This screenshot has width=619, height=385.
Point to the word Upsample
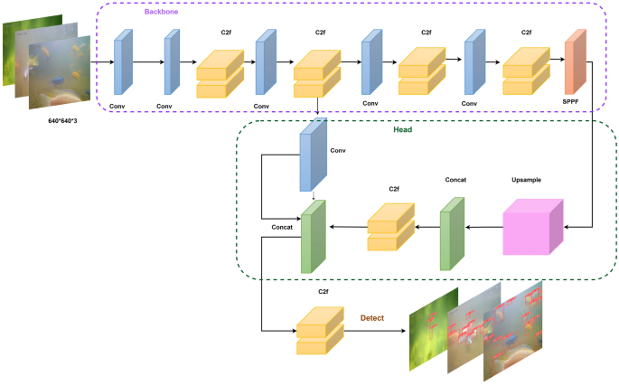(x=530, y=180)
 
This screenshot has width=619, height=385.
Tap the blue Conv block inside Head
(x=312, y=162)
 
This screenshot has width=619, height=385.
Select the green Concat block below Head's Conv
(x=313, y=237)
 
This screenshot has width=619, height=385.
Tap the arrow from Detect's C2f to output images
(x=375, y=332)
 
